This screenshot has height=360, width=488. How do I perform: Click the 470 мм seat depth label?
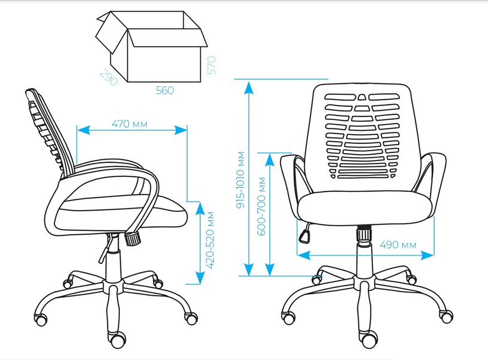pos(129,124)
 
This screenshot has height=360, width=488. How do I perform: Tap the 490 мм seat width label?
pos(398,245)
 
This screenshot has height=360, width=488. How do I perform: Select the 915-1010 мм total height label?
pos(241,180)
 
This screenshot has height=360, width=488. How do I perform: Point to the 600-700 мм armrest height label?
pos(262,206)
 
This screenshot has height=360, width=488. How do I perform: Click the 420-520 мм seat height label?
pos(210,240)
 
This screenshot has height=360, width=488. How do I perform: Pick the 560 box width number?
pos(165,91)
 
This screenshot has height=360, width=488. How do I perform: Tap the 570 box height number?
pos(211,65)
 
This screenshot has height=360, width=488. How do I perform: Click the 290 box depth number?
pos(109,77)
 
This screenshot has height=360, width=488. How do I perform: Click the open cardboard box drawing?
pos(151,46)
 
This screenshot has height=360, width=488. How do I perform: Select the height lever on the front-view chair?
pos(305,233)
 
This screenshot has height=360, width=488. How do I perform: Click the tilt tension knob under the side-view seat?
pos(133,239)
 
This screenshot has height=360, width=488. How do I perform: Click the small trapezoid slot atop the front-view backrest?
pos(362,97)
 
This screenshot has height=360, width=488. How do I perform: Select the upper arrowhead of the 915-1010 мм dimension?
pos(249,88)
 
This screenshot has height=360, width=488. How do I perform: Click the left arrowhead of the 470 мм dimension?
pos(83,130)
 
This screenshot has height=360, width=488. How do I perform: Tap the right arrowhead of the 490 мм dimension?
pos(427,256)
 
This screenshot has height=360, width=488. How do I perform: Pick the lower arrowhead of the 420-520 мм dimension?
pos(200,277)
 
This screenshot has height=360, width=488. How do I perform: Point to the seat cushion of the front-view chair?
pos(365,208)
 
